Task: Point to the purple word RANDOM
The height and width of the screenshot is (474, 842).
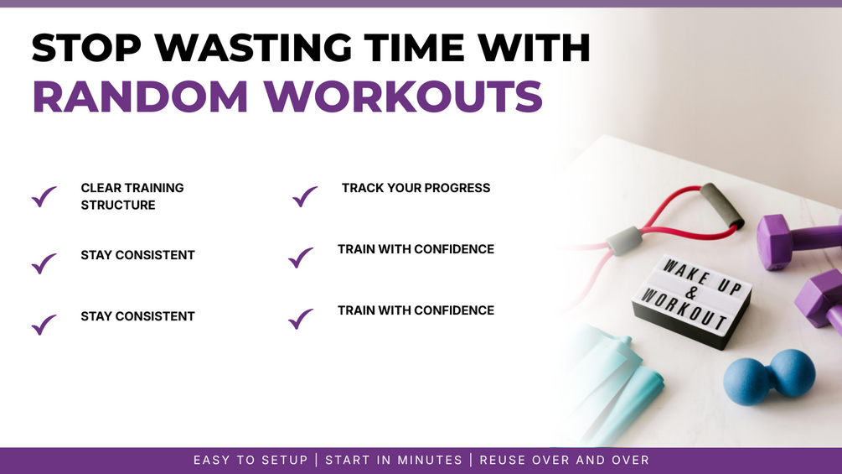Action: point(140,96)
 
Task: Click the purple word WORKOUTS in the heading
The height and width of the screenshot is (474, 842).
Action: point(403,96)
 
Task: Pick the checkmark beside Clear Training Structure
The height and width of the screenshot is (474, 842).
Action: point(44,196)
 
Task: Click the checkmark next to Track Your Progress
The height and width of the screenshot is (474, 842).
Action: point(304,196)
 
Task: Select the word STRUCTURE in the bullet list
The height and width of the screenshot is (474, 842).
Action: point(118,206)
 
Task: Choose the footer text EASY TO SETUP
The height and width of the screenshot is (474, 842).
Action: point(251,460)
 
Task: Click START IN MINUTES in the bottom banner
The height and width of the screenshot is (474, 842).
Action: point(394,460)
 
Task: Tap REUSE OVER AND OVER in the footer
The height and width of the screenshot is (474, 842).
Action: point(565,460)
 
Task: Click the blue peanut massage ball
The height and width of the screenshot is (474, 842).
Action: point(769,377)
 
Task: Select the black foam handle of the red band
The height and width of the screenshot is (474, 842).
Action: point(722,206)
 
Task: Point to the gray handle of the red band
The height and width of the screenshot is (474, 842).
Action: point(624,240)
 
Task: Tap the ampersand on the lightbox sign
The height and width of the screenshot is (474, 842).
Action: point(691,293)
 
